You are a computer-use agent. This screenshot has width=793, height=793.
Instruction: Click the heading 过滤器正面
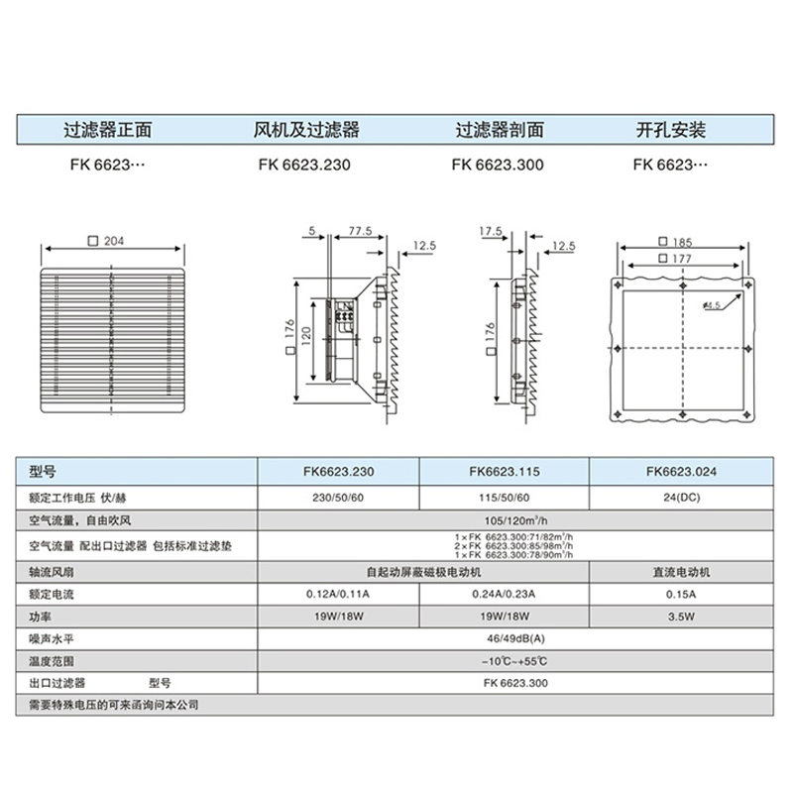[x=107, y=130]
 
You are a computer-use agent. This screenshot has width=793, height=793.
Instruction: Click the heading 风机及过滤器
[x=307, y=130]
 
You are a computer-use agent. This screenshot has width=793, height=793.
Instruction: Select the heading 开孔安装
[x=670, y=130]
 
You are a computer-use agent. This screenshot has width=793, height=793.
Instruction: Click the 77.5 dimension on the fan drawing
[x=360, y=231]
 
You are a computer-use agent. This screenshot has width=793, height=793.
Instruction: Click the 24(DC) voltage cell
[x=679, y=498]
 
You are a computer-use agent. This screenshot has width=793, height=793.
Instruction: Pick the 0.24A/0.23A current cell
[x=505, y=595]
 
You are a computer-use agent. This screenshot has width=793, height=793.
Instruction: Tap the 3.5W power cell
[x=679, y=616]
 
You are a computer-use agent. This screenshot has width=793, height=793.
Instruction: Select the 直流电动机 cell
[x=679, y=572]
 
